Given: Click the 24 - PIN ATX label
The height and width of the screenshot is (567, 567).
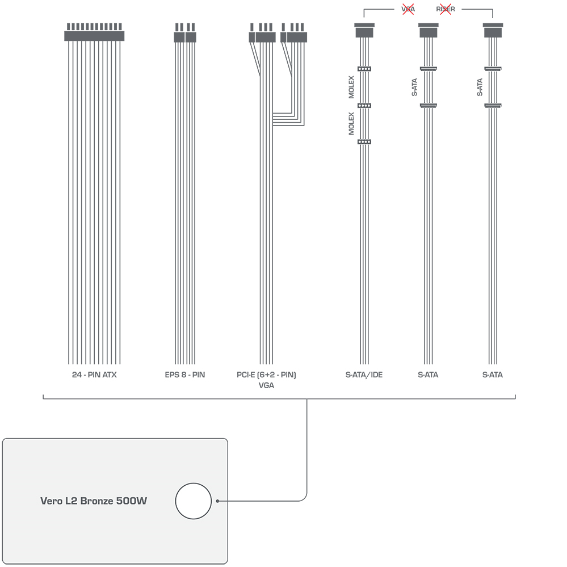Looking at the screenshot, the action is (94, 375).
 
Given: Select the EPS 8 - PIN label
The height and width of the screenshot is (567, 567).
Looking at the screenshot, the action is (185, 375).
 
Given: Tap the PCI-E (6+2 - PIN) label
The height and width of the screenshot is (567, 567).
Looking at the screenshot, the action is (266, 375).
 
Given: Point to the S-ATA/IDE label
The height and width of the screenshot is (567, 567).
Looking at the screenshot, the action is (364, 375).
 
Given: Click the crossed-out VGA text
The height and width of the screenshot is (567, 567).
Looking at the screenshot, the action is (408, 9).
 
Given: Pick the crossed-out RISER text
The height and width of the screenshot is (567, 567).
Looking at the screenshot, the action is (446, 9).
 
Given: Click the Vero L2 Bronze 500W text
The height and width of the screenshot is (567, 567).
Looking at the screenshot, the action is (94, 501).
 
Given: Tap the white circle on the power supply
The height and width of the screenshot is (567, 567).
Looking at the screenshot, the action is (194, 501).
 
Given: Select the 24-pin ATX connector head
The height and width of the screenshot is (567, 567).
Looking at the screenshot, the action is (94, 32).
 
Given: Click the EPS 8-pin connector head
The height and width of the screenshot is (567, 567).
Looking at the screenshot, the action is (185, 33).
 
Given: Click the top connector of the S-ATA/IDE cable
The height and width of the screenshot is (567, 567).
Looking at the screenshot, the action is (364, 31).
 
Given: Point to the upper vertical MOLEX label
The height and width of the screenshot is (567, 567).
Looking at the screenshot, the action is (351, 87).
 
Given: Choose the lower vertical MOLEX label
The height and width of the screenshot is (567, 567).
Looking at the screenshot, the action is (351, 123).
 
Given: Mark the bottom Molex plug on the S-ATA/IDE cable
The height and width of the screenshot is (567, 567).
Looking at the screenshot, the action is (364, 142).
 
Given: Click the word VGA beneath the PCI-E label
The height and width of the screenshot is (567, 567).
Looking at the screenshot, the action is (266, 385).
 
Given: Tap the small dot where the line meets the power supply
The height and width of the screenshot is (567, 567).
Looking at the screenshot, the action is (217, 501).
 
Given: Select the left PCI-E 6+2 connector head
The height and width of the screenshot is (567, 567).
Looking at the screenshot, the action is (262, 33).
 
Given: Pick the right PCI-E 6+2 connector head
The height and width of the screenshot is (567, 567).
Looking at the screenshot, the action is (293, 33).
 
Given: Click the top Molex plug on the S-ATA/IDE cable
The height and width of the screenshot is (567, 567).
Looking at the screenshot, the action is (364, 69).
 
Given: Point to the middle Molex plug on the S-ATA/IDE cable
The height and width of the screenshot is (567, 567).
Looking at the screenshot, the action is (364, 106).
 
